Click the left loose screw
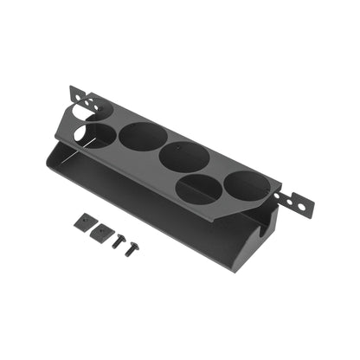tap(117, 243)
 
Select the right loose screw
tap(132, 250)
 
